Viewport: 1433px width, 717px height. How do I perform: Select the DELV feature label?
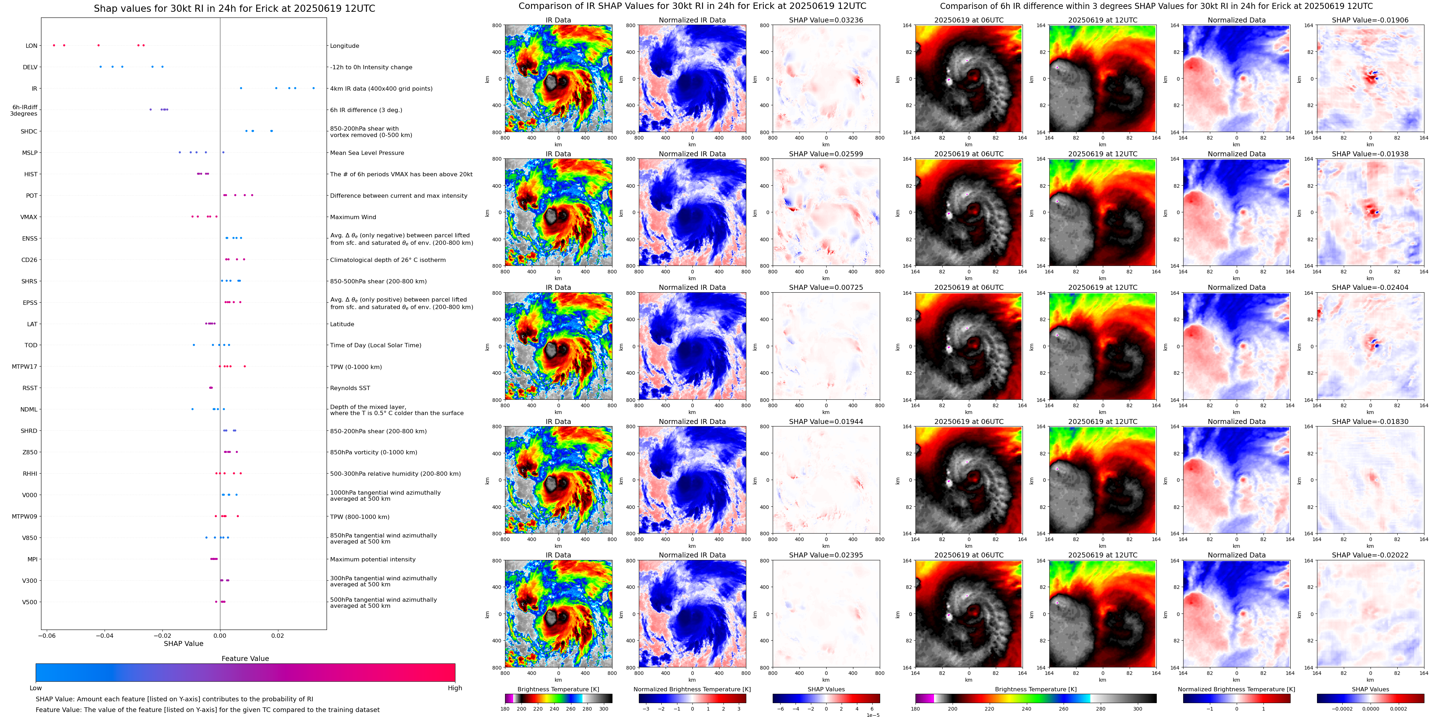[30, 67]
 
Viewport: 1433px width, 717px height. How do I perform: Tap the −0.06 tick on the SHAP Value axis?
[47, 635]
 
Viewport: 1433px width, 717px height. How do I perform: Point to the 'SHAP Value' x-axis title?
[183, 643]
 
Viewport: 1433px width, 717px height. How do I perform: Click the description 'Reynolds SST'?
[350, 388]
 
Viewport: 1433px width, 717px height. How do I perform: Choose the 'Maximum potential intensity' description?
[373, 560]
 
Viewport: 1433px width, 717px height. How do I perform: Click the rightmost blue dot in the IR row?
[314, 88]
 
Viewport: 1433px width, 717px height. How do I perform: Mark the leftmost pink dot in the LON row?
[54, 45]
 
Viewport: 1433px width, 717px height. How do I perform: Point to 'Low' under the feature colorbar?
[36, 688]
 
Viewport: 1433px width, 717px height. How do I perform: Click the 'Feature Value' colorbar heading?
[245, 658]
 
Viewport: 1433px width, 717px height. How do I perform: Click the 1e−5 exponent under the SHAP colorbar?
[872, 715]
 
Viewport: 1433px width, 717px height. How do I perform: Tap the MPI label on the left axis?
[32, 560]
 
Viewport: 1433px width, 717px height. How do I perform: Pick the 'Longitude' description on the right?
[344, 46]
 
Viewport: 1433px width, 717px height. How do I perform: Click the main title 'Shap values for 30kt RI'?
[234, 8]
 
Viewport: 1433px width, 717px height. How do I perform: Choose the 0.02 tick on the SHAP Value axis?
[278, 635]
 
